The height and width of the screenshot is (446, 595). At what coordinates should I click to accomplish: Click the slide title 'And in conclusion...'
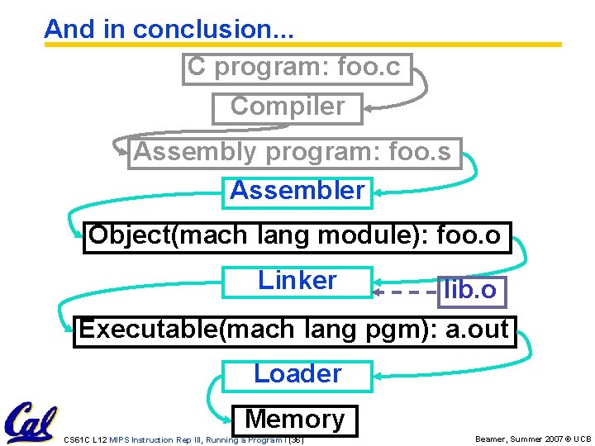[x=169, y=29]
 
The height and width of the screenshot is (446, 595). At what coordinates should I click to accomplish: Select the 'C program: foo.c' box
[x=296, y=69]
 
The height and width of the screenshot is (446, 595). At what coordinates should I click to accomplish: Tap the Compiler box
[x=287, y=107]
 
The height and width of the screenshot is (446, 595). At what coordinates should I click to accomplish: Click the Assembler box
[x=297, y=192]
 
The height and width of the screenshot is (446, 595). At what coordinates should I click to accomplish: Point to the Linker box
[x=297, y=281]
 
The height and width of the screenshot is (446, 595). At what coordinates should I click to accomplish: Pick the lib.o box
[x=470, y=291]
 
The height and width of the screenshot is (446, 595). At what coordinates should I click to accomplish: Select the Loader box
[x=297, y=374]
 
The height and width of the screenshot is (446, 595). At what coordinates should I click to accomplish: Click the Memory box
[x=295, y=420]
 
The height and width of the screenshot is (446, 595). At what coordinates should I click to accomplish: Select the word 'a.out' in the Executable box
[x=477, y=329]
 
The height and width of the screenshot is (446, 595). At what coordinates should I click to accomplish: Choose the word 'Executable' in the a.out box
[x=147, y=329]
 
